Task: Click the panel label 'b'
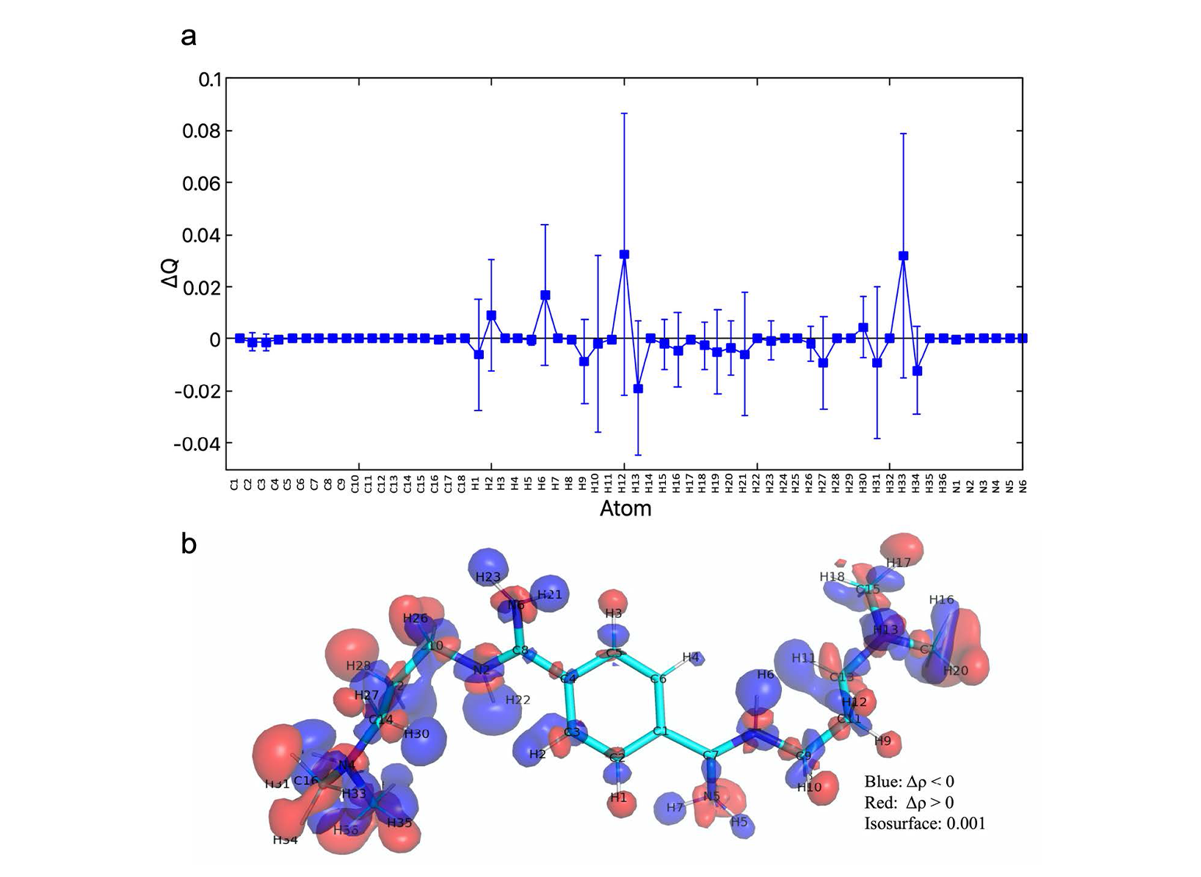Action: click(x=189, y=544)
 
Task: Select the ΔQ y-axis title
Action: click(x=170, y=273)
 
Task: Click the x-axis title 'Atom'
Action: click(x=625, y=508)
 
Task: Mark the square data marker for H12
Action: click(x=624, y=254)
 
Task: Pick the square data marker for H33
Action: click(x=903, y=256)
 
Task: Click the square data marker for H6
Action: click(x=545, y=295)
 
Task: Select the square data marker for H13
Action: click(x=638, y=389)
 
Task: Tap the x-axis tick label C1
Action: click(x=235, y=485)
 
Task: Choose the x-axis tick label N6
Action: click(x=1023, y=485)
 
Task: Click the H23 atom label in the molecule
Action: click(x=488, y=577)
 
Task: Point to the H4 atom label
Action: click(x=691, y=657)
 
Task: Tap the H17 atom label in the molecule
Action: click(x=899, y=563)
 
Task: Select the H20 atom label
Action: click(x=956, y=671)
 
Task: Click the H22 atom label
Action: click(x=518, y=700)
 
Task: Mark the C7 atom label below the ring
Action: click(x=710, y=755)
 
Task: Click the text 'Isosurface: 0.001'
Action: click(x=924, y=823)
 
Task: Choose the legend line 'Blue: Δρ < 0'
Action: click(x=909, y=782)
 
